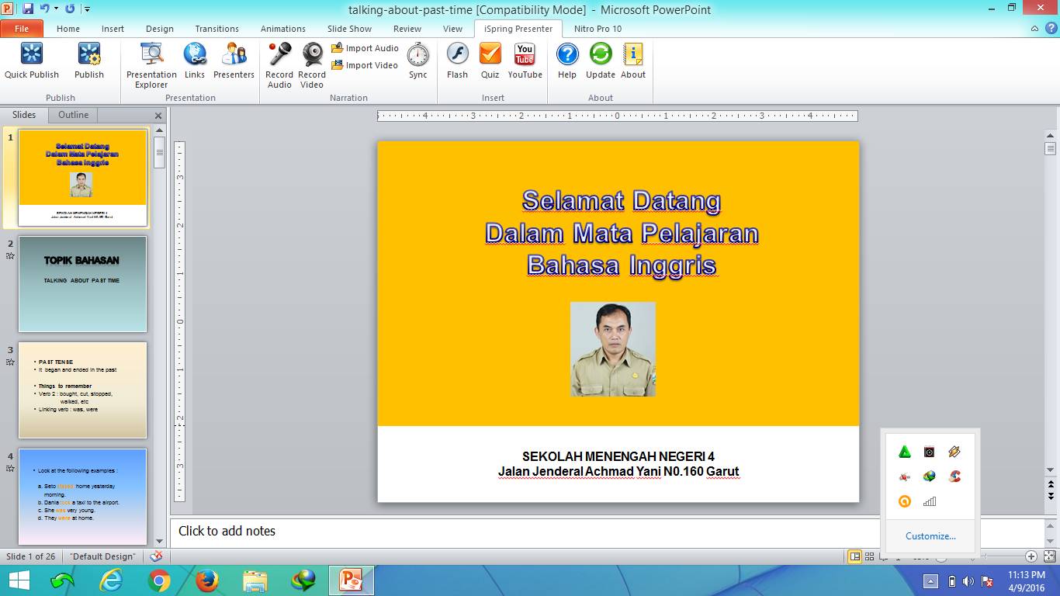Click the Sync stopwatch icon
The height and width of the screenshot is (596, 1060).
(x=417, y=61)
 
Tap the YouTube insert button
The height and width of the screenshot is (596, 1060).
(x=525, y=61)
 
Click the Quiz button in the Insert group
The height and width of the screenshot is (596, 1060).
(x=490, y=61)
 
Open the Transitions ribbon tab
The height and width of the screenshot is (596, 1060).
(x=217, y=29)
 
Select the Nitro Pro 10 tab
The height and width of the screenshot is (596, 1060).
(x=598, y=29)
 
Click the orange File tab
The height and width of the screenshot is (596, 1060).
(x=22, y=29)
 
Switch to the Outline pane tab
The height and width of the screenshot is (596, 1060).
(x=74, y=115)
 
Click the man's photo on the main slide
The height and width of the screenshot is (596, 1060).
(x=613, y=349)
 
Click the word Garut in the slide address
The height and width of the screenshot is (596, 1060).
(x=722, y=471)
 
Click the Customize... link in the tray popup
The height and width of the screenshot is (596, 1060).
(x=930, y=536)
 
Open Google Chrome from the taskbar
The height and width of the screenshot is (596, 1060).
(x=159, y=580)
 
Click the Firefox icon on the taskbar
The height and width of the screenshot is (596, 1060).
(x=206, y=580)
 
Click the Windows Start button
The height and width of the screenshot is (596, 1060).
(x=19, y=580)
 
